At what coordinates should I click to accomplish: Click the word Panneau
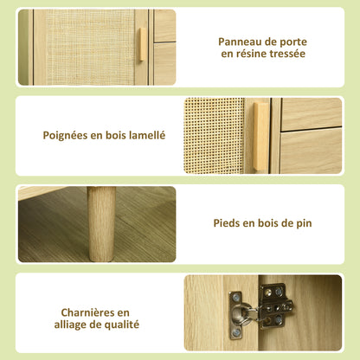click(236, 42)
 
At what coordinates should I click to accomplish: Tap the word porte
click(293, 42)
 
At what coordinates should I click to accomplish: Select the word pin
click(304, 223)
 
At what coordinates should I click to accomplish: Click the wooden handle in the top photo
click(142, 44)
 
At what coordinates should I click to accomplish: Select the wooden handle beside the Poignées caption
click(261, 136)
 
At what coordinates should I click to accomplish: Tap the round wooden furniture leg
click(101, 224)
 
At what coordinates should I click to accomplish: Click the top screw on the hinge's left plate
click(236, 297)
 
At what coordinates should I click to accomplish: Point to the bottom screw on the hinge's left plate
click(236, 333)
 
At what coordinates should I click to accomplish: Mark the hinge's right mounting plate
click(274, 306)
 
